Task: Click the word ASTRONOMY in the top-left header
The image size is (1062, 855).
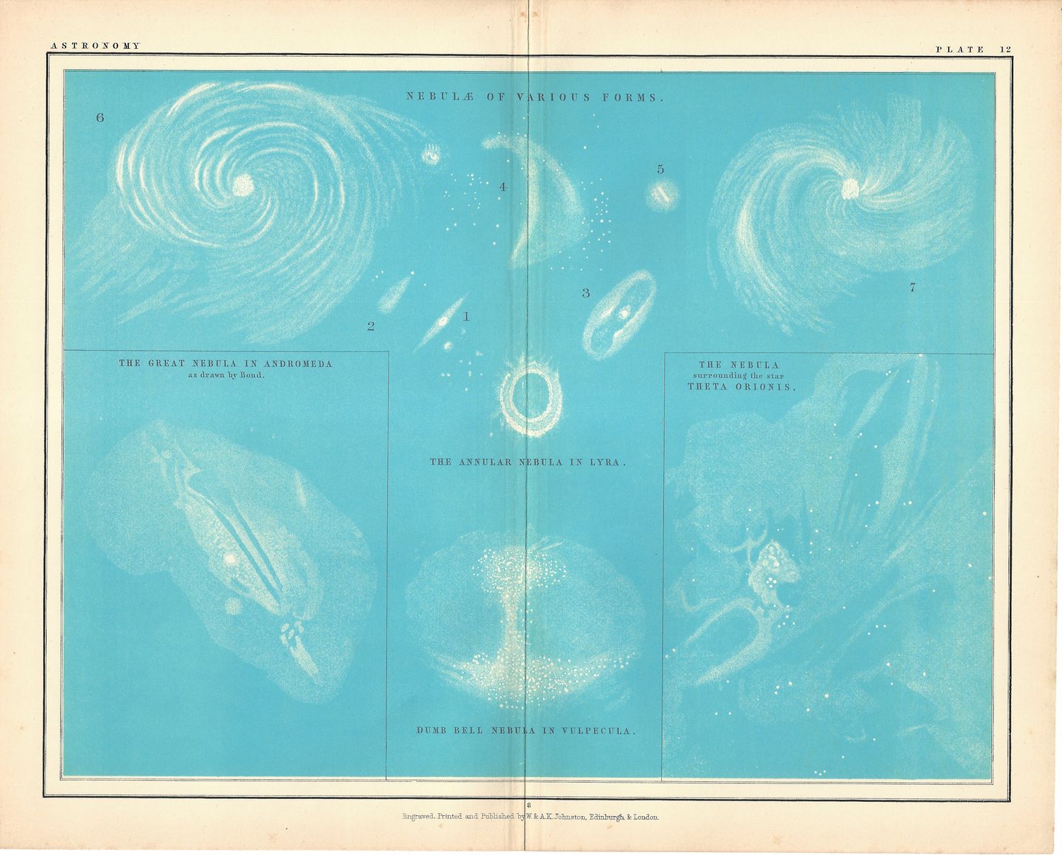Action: point(96,45)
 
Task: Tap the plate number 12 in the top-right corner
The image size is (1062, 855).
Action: point(1006,49)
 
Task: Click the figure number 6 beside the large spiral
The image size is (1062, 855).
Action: point(100,118)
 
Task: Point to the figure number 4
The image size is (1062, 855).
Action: point(503,187)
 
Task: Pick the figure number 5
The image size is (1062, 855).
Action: point(661,169)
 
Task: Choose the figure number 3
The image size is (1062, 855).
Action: point(586,293)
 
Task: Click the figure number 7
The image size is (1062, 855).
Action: point(912,288)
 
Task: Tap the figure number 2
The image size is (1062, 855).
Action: point(370,327)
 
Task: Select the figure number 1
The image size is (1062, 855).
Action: point(466,317)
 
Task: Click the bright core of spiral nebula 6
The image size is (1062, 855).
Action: point(244,185)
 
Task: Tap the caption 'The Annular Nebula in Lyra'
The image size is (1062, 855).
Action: point(528,462)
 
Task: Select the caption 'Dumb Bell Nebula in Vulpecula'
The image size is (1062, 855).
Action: point(525,730)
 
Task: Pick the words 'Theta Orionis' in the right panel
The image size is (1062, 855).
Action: point(741,387)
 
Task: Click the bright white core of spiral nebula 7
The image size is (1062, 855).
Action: point(850,187)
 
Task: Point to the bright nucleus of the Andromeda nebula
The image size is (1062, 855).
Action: point(230,559)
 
